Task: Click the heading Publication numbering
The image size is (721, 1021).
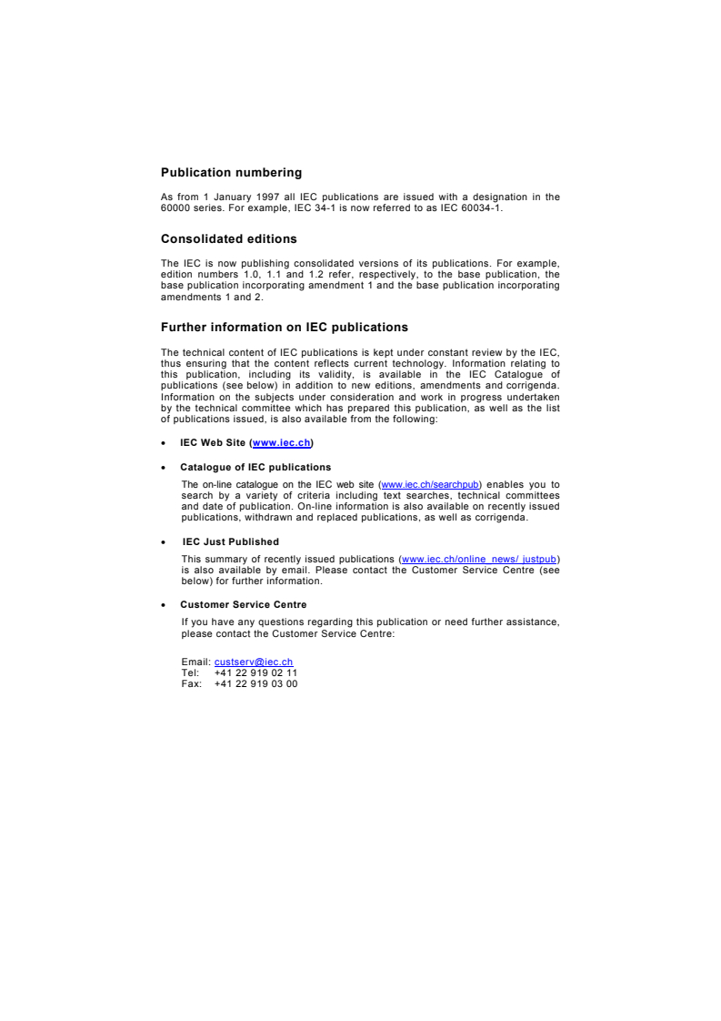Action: click(x=231, y=171)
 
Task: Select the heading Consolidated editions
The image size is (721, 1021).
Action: click(x=228, y=238)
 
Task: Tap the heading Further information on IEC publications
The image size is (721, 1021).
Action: click(x=285, y=326)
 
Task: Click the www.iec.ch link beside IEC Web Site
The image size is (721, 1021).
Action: click(x=282, y=442)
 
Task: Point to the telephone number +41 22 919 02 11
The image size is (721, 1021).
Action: click(x=255, y=672)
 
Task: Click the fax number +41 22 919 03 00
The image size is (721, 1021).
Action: click(x=255, y=683)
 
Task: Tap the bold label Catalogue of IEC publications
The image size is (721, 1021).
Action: click(x=243, y=467)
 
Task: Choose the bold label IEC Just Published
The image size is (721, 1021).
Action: click(x=230, y=541)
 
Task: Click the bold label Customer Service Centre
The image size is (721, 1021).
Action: click(x=243, y=604)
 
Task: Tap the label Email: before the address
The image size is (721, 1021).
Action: click(x=195, y=662)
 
